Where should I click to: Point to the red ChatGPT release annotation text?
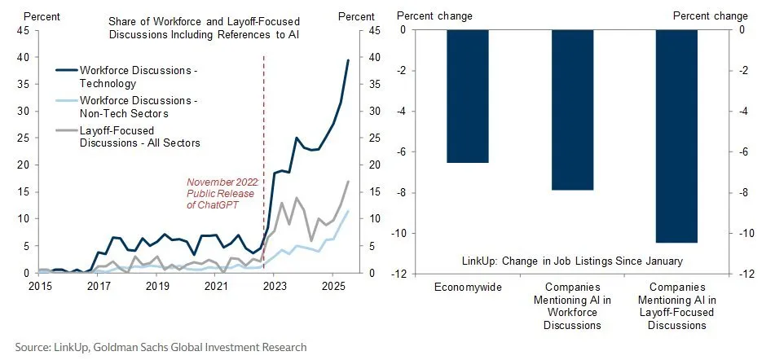[222, 193]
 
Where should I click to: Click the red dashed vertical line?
[264, 163]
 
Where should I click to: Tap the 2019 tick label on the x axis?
[156, 287]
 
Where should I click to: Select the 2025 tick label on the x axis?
[332, 287]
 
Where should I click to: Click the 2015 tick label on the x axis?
[40, 287]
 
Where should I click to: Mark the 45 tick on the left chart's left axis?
[21, 30]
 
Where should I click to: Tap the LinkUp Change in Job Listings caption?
[582, 261]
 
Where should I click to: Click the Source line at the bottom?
[161, 347]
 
